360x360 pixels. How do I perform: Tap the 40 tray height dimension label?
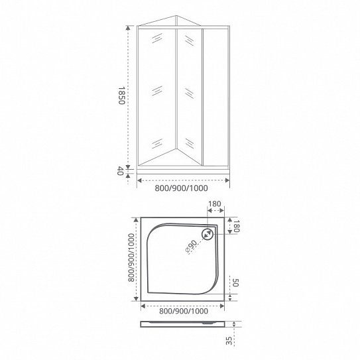coord(121,171)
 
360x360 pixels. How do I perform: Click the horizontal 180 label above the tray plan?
coord(214,206)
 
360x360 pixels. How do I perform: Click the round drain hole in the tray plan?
coord(208,234)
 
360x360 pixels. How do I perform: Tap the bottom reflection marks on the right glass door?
coord(190,142)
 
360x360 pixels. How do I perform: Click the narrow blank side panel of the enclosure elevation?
coord(215,96)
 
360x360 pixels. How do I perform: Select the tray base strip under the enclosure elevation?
coord(182,170)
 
